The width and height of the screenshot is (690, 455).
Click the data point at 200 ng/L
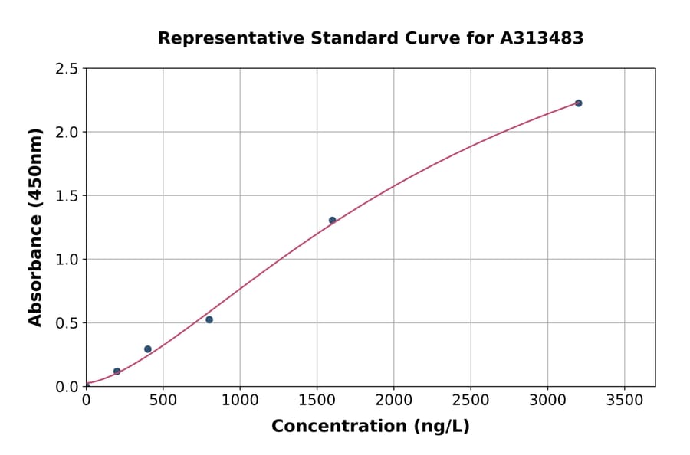coord(117,372)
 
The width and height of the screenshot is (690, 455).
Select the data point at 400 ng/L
coord(148,349)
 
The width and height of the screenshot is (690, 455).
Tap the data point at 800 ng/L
coord(209,319)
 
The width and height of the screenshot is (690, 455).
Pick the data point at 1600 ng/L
coord(332,221)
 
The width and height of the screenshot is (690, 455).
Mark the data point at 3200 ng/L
coord(578,103)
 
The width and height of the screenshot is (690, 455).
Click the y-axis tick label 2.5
coord(67,69)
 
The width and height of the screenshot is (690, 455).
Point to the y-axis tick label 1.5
coord(67,196)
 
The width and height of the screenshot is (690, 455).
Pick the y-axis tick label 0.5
coord(67,323)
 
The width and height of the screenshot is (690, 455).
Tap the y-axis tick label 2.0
coord(67,133)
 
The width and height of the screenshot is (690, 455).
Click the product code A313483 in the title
coord(542,38)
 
